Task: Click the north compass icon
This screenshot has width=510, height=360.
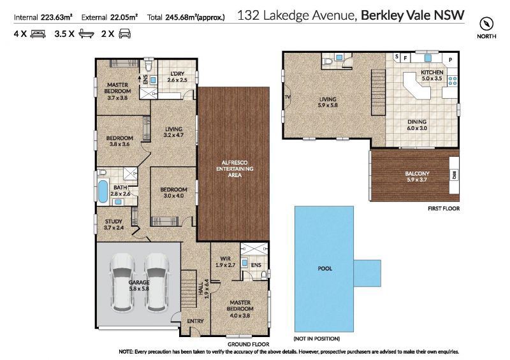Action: [486, 24]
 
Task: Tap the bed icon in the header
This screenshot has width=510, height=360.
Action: [38, 34]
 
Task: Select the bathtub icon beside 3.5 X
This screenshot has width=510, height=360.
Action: [86, 34]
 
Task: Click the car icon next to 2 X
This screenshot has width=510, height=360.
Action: [125, 34]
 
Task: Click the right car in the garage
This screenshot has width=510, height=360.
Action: [157, 282]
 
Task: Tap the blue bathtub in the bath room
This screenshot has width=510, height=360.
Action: [103, 192]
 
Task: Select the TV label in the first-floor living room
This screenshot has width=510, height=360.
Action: [288, 97]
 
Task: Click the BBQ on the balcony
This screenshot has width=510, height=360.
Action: [454, 175]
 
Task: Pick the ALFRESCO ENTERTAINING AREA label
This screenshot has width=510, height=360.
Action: [235, 169]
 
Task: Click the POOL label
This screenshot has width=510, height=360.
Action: [324, 269]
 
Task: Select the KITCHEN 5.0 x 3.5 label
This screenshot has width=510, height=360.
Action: [432, 75]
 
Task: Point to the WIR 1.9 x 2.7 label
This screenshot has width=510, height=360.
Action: [225, 262]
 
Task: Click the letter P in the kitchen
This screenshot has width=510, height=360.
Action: [451, 60]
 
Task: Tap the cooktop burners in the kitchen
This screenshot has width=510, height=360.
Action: [453, 80]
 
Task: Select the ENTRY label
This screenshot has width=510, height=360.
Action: [195, 321]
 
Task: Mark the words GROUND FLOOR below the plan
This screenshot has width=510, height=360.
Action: [249, 344]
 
